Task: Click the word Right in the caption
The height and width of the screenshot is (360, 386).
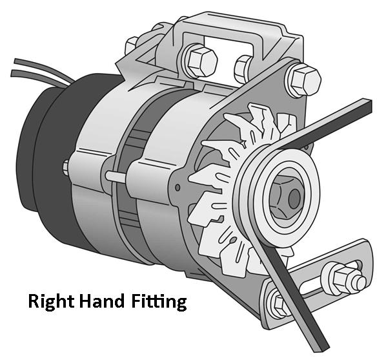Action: (51, 302)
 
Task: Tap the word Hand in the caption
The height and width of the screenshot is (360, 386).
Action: (102, 301)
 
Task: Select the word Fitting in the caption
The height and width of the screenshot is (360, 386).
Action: (159, 302)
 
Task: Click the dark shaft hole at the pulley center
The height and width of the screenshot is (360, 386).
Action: (294, 197)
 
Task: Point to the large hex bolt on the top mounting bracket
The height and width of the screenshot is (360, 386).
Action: (202, 61)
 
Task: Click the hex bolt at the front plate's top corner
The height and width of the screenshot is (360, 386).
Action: (305, 80)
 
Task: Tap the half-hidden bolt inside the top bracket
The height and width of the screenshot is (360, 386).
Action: (243, 69)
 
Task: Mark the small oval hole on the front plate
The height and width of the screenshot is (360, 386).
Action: (178, 187)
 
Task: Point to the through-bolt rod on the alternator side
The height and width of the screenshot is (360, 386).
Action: (116, 177)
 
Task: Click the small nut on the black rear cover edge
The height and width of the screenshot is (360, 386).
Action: (65, 167)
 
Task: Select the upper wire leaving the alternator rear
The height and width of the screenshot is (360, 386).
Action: (45, 69)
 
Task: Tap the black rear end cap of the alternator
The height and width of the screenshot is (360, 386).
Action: (57, 160)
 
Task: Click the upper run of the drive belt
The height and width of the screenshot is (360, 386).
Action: (325, 123)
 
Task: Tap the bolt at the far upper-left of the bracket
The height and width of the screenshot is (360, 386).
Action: (131, 46)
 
